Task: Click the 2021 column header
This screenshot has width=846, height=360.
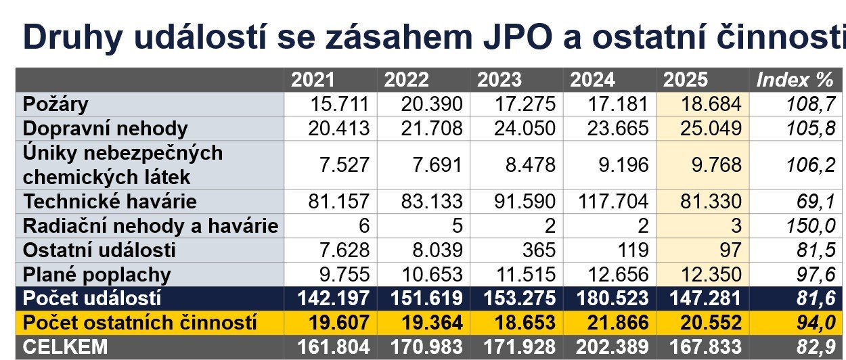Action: [313, 81]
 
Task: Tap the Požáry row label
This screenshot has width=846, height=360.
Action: [55, 104]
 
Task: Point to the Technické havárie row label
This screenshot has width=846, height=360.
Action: [110, 202]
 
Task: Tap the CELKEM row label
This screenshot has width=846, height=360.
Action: [65, 348]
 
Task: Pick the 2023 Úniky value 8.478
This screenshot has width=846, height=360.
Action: [525, 165]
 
